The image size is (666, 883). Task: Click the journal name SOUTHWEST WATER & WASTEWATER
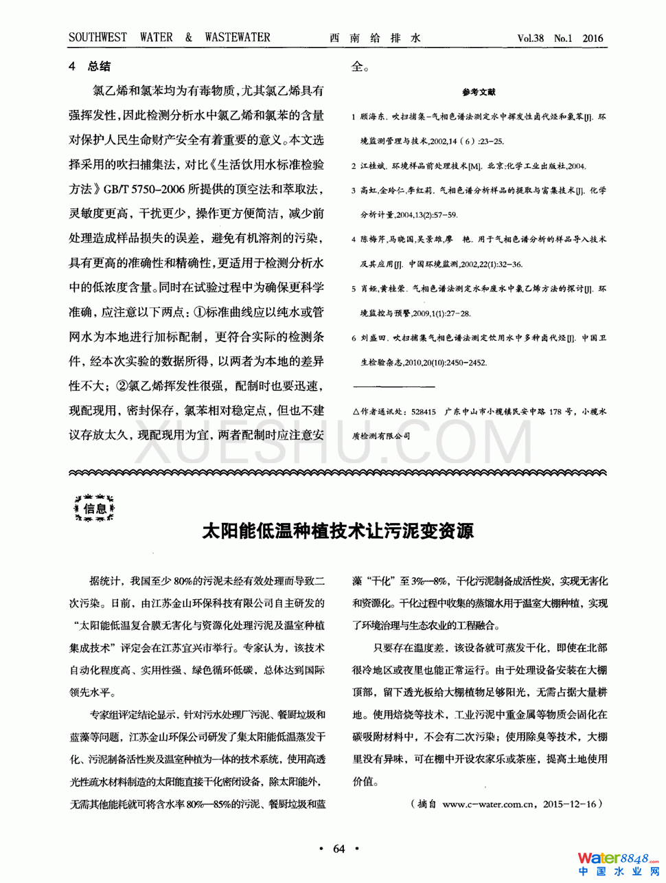pyautogui.click(x=169, y=38)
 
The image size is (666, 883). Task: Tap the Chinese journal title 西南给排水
pyautogui.click(x=375, y=38)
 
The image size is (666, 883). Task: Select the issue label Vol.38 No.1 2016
pyautogui.click(x=560, y=38)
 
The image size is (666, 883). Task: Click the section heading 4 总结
pyautogui.click(x=90, y=67)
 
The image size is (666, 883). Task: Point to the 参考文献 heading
pyautogui.click(x=479, y=92)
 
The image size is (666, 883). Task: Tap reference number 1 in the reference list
pyautogui.click(x=354, y=118)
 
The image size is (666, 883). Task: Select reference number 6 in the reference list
pyautogui.click(x=354, y=338)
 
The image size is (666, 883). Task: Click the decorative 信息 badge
pyautogui.click(x=95, y=508)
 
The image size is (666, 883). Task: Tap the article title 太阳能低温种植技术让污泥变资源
pyautogui.click(x=338, y=531)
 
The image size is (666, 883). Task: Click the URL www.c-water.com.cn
pyautogui.click(x=488, y=803)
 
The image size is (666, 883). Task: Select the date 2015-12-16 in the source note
pyautogui.click(x=569, y=803)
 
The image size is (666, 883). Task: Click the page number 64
pyautogui.click(x=338, y=849)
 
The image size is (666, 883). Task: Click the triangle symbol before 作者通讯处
pyautogui.click(x=356, y=412)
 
